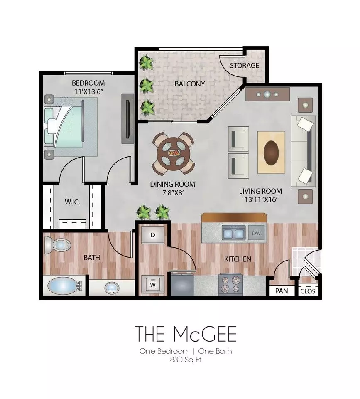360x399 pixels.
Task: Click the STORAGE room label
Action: pyautogui.click(x=244, y=66)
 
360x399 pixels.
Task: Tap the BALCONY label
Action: pyautogui.click(x=190, y=84)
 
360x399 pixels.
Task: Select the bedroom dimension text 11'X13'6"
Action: pyautogui.click(x=88, y=91)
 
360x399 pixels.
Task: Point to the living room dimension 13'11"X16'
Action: pyautogui.click(x=261, y=199)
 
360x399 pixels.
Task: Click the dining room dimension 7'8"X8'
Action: pyautogui.click(x=173, y=192)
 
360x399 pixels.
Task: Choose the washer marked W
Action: pyautogui.click(x=152, y=284)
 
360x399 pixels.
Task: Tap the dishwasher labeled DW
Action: pyautogui.click(x=256, y=233)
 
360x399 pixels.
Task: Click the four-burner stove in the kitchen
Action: pyautogui.click(x=231, y=284)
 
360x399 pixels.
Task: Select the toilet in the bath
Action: pyautogui.click(x=57, y=245)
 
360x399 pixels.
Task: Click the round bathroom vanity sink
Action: pyautogui.click(x=112, y=288)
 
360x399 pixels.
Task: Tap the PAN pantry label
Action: pyautogui.click(x=282, y=291)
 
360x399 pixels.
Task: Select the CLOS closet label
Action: pyautogui.click(x=308, y=291)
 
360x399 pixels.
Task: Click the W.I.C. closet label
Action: pyautogui.click(x=73, y=202)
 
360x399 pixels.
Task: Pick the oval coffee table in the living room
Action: pyautogui.click(x=271, y=153)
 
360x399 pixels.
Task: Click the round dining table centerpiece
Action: pyautogui.click(x=174, y=153)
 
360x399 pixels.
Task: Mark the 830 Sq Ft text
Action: pyautogui.click(x=186, y=360)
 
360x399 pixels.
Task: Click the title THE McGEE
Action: pyautogui.click(x=186, y=334)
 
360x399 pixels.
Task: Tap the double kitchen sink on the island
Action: pyautogui.click(x=234, y=233)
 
